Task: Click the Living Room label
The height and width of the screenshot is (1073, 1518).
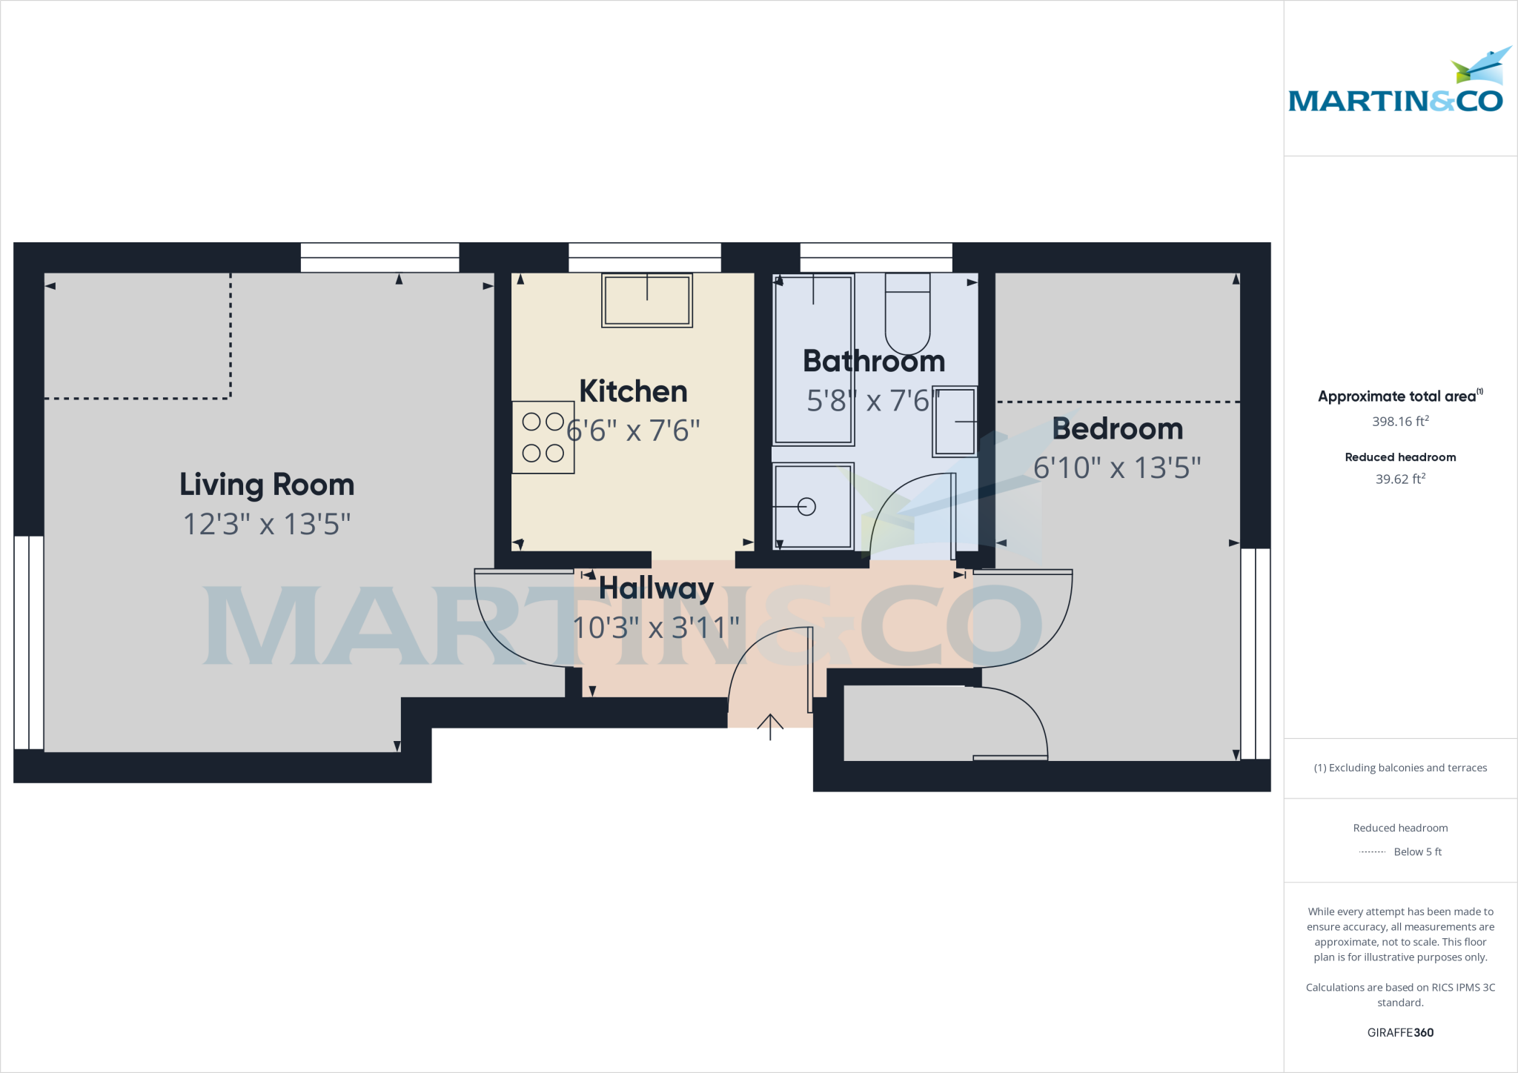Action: pyautogui.click(x=267, y=485)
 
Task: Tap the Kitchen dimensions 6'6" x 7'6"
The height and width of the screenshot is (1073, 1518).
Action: pyautogui.click(x=634, y=431)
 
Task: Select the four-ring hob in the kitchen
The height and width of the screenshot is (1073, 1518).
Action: pyautogui.click(x=543, y=437)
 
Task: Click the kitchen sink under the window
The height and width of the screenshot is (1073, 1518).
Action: pyautogui.click(x=646, y=300)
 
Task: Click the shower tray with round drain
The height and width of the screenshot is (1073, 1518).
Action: pyautogui.click(x=812, y=506)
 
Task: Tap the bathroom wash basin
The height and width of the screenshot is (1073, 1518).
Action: pyautogui.click(x=955, y=421)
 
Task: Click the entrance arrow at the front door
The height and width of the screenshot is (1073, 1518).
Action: pyautogui.click(x=770, y=726)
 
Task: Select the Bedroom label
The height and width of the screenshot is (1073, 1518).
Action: pyautogui.click(x=1117, y=428)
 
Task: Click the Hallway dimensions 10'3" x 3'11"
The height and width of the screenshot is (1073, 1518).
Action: pyautogui.click(x=656, y=628)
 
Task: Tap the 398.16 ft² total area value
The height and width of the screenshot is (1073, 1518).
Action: pyautogui.click(x=1400, y=422)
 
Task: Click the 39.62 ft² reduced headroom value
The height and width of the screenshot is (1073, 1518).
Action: pyautogui.click(x=1400, y=479)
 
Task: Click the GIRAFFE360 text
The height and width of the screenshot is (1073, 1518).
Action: pyautogui.click(x=1400, y=1032)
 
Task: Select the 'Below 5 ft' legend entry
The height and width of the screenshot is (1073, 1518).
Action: pyautogui.click(x=1416, y=852)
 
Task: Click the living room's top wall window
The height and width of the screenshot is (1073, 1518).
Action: pyautogui.click(x=379, y=257)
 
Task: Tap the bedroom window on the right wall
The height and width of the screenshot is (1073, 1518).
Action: pyautogui.click(x=1255, y=654)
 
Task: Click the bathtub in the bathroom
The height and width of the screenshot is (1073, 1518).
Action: pyautogui.click(x=813, y=359)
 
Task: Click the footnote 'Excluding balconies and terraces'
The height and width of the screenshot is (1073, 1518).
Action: pyautogui.click(x=1400, y=768)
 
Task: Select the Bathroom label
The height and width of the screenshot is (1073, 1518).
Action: pyautogui.click(x=874, y=361)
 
